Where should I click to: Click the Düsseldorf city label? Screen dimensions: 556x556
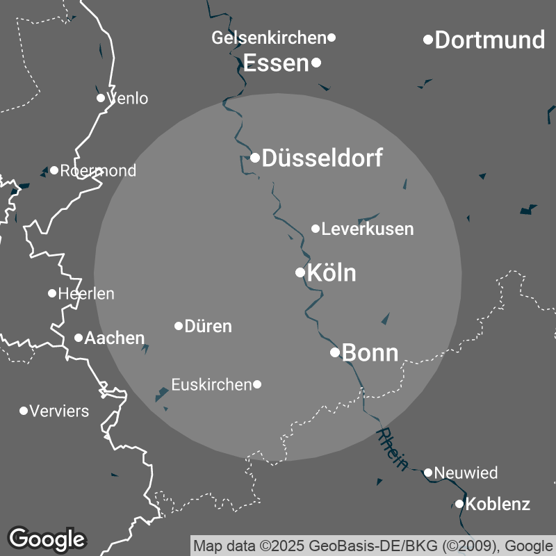pos(322,158)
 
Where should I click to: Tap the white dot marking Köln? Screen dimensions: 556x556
pos(300,272)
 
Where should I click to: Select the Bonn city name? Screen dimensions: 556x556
pos(370,353)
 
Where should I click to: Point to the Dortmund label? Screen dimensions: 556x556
pos(489,40)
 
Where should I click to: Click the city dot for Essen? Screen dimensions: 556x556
pos(316,63)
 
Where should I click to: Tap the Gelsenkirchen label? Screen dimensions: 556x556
pos(268,38)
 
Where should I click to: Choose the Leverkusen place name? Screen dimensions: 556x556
pos(368,229)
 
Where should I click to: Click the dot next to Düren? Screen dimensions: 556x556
pos(179,326)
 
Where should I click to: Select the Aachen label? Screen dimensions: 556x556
pos(114,338)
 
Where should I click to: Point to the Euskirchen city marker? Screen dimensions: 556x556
pos(257,384)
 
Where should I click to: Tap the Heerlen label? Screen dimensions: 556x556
pos(86,294)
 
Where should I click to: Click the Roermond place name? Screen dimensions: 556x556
pos(98,171)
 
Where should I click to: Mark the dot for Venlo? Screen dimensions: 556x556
pos(101,98)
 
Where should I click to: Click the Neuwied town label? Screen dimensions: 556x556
pos(466,473)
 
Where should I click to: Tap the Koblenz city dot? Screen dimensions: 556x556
pos(459,504)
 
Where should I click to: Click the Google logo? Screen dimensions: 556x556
pos(47,539)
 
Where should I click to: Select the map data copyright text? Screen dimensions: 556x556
pos(373,545)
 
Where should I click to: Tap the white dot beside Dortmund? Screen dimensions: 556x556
pos(429,40)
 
